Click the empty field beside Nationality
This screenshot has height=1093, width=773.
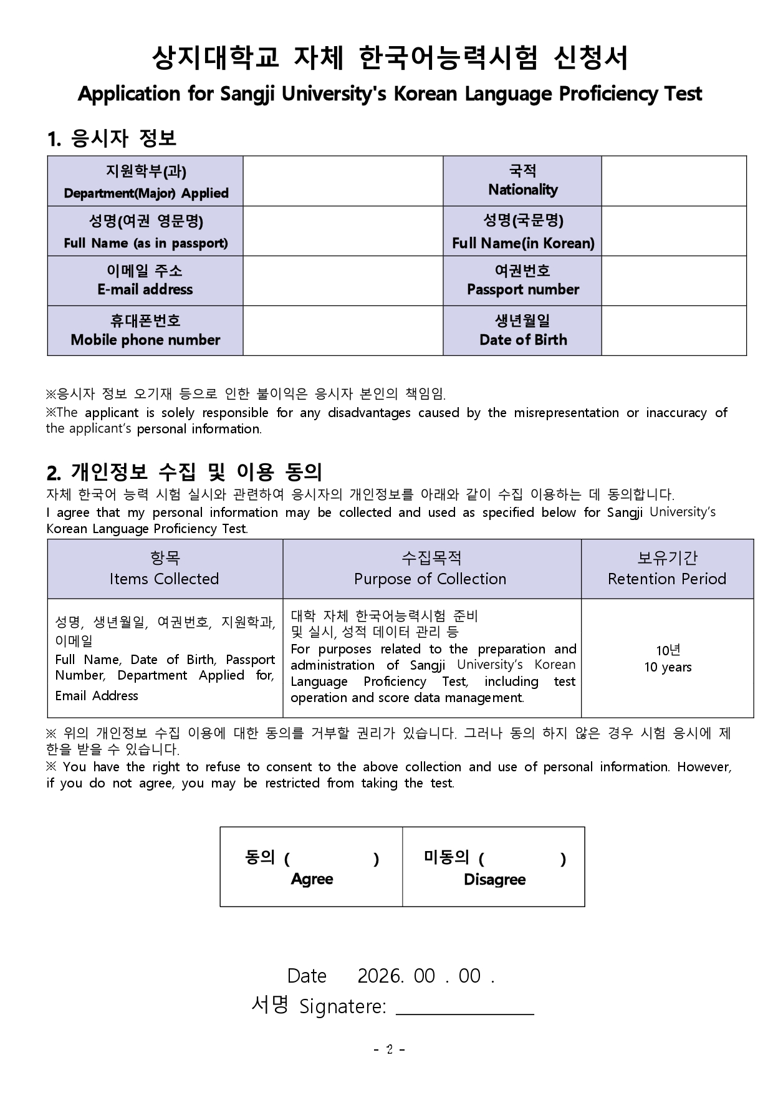(x=673, y=181)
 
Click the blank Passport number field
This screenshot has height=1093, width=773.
(x=673, y=281)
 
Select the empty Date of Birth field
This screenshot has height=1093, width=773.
(x=673, y=330)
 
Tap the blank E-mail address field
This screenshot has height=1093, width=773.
(x=342, y=281)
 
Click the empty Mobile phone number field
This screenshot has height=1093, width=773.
(x=342, y=330)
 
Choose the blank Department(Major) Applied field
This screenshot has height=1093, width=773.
(x=342, y=181)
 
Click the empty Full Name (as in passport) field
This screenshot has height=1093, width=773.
(x=342, y=231)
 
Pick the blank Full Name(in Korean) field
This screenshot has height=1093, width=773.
(x=673, y=231)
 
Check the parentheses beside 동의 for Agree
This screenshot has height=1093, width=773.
(x=331, y=859)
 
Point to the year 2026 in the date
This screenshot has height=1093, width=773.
(x=380, y=976)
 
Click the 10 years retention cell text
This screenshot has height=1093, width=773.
(x=668, y=667)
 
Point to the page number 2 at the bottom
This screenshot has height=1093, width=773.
(x=390, y=1049)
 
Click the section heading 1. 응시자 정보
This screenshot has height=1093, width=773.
(x=112, y=138)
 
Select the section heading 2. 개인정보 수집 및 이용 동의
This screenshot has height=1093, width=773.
(x=185, y=472)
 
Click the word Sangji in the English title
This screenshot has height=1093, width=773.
(x=247, y=94)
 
